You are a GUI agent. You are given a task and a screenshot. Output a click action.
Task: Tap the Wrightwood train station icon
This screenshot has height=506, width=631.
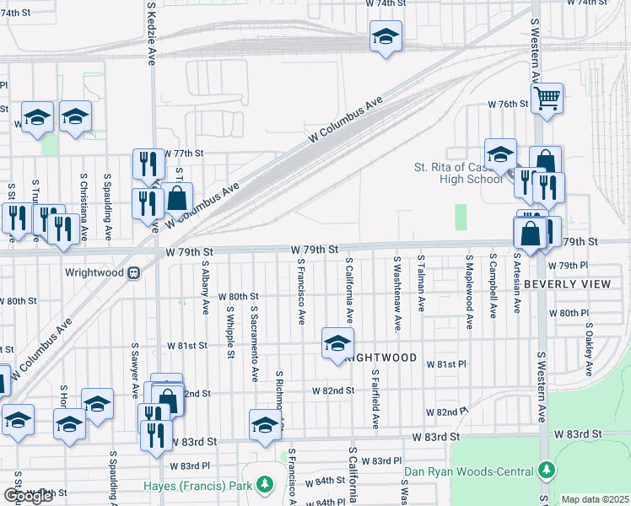click(133, 273)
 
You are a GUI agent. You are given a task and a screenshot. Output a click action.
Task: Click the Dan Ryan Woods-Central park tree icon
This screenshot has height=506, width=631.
click(547, 469)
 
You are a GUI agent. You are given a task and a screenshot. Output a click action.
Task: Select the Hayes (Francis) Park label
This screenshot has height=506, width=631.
click(212, 486)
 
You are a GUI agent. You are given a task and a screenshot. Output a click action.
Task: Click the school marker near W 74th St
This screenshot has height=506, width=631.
click(386, 37)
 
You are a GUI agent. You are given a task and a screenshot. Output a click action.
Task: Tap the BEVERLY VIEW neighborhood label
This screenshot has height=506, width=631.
click(567, 284)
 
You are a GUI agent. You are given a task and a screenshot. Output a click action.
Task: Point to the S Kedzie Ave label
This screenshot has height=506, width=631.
click(151, 34)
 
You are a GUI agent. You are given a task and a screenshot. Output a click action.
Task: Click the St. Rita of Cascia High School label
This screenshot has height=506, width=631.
click(458, 173)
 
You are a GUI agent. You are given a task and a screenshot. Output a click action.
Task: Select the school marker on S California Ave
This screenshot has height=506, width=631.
click(337, 344)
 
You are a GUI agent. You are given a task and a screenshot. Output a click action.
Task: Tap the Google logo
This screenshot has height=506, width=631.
click(28, 496)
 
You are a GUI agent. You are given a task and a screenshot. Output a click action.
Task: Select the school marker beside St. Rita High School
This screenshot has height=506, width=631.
click(500, 153)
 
